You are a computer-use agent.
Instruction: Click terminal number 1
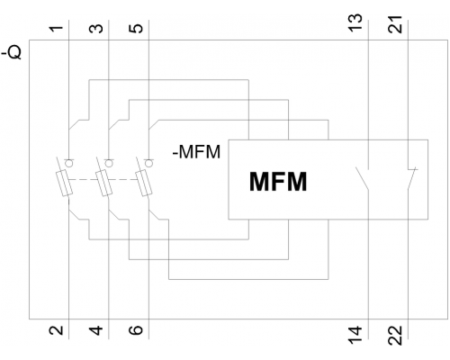click(x=57, y=29)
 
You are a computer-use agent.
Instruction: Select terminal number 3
click(x=96, y=29)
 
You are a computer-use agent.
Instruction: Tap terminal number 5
click(x=136, y=29)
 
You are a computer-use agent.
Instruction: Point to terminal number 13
click(x=355, y=22)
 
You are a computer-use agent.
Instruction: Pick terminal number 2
click(x=57, y=330)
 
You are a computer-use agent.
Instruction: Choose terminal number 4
click(x=96, y=330)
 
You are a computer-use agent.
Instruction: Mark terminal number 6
click(x=136, y=330)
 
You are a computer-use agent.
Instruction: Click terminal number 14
click(x=355, y=335)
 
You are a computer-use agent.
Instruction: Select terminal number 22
click(x=395, y=336)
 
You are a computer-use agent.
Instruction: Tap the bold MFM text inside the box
click(x=278, y=182)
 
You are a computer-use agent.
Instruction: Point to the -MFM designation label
click(x=196, y=152)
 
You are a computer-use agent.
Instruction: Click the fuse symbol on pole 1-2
click(x=64, y=183)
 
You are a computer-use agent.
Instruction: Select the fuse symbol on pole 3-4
click(x=103, y=183)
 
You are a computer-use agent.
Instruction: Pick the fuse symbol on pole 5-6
click(x=144, y=183)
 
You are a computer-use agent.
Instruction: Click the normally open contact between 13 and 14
click(x=363, y=178)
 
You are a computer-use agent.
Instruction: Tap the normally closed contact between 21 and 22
click(x=411, y=178)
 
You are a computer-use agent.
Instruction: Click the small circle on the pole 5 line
click(x=148, y=163)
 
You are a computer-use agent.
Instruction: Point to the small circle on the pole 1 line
click(x=68, y=163)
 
